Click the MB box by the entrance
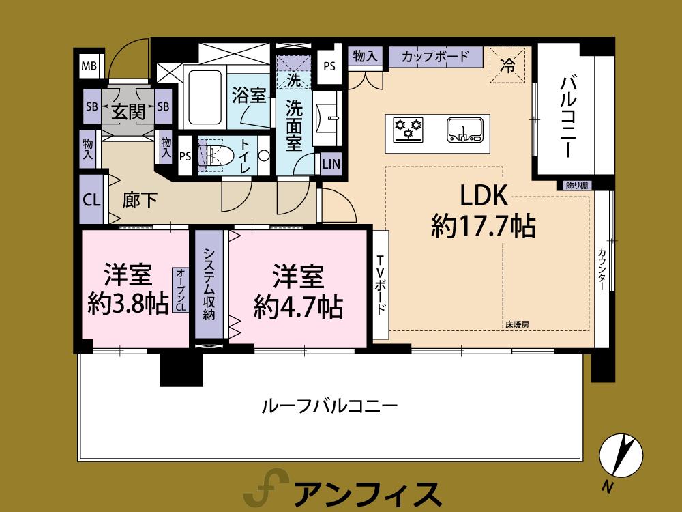click(x=89, y=66)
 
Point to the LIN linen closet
click(x=331, y=164)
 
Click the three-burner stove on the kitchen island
click(x=408, y=128)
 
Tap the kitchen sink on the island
click(x=464, y=129)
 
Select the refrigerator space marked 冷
click(x=507, y=65)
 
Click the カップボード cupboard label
click(x=435, y=56)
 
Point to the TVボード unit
click(x=381, y=284)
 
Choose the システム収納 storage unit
click(x=209, y=283)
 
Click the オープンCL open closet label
click(x=180, y=289)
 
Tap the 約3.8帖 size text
click(x=128, y=303)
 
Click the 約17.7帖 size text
click(x=482, y=226)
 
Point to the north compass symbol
click(x=621, y=455)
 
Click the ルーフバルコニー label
click(x=329, y=406)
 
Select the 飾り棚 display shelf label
click(x=577, y=185)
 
